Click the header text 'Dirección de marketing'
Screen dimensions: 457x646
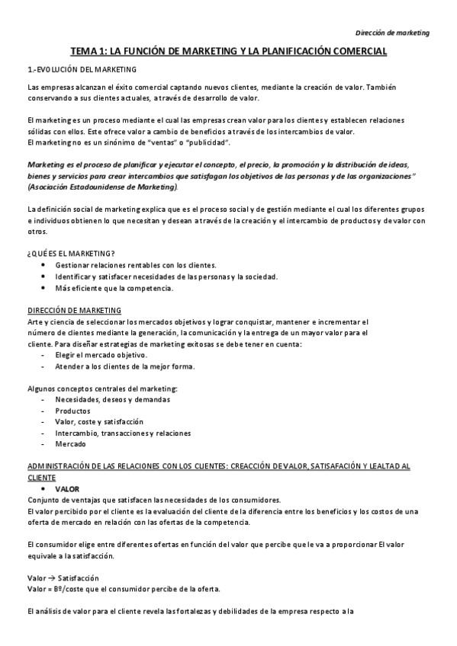click(393, 33)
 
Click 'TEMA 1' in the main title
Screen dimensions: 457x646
click(89, 52)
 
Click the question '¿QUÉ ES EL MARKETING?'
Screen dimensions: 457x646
click(70, 253)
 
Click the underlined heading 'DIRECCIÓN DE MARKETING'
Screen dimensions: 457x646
click(73, 310)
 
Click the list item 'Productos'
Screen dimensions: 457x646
click(72, 411)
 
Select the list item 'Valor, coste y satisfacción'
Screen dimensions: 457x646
click(99, 421)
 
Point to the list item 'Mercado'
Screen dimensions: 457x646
click(70, 444)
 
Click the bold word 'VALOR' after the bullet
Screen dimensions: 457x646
click(67, 488)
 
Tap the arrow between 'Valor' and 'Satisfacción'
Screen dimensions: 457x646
click(50, 577)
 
